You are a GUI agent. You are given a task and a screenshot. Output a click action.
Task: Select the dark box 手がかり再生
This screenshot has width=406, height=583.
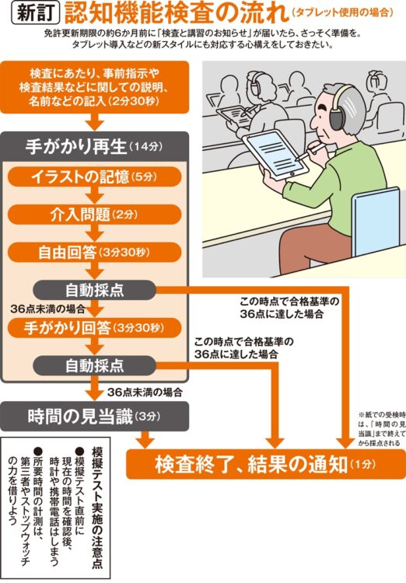pyautogui.click(x=93, y=144)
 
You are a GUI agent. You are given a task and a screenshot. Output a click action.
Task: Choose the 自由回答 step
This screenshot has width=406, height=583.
pyautogui.click(x=93, y=252)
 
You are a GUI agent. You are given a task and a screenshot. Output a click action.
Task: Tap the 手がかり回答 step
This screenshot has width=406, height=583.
pyautogui.click(x=93, y=327)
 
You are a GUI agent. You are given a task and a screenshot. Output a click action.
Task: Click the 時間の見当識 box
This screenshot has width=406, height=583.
pyautogui.click(x=93, y=414)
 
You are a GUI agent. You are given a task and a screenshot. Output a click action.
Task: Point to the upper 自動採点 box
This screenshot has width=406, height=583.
pyautogui.click(x=93, y=289)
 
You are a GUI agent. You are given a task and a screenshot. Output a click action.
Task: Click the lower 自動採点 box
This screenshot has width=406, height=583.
pyautogui.click(x=93, y=365)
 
